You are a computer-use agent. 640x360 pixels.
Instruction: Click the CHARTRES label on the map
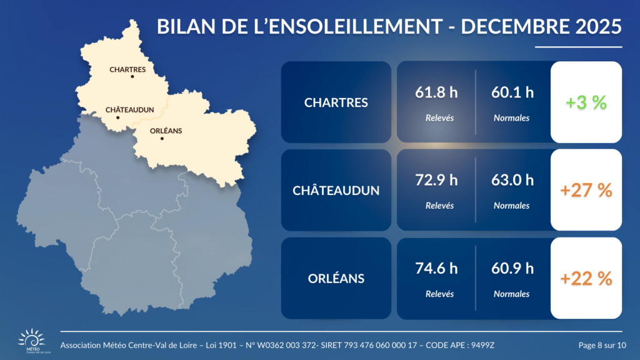127,69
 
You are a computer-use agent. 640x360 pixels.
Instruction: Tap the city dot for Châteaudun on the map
117,117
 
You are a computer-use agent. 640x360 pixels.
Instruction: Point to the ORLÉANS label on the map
166,131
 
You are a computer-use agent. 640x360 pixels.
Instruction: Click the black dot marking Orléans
162,138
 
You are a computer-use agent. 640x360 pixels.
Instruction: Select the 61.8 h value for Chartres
436,93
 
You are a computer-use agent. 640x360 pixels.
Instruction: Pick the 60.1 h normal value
513,93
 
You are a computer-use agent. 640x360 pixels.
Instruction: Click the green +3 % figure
586,102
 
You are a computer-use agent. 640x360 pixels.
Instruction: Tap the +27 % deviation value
586,191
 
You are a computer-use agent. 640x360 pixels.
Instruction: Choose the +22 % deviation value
586,279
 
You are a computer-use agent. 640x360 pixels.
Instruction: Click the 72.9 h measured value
436,181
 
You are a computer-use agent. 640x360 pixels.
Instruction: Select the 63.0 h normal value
513,181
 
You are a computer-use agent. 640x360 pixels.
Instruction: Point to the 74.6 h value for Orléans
436,269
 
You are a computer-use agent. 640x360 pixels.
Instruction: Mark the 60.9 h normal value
513,269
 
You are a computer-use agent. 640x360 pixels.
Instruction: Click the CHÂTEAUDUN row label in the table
336,191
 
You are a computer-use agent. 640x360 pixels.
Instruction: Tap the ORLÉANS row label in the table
336,279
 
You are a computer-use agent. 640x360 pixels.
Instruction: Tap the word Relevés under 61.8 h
439,117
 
